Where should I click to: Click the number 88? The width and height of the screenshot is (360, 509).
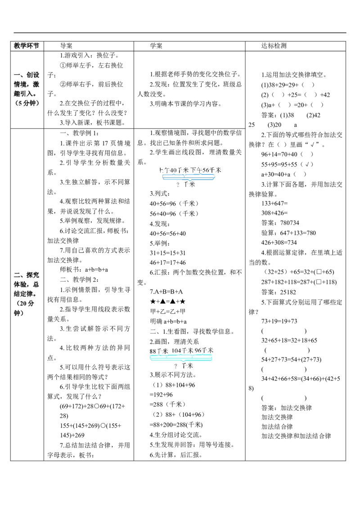pyautogui.click(x=153, y=351)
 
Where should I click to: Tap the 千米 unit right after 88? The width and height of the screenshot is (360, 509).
pyautogui.click(x=162, y=351)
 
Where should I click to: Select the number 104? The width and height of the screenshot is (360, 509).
pyautogui.click(x=176, y=350)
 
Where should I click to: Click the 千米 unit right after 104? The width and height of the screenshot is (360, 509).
pyautogui.click(x=188, y=350)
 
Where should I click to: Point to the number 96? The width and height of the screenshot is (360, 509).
pyautogui.click(x=198, y=350)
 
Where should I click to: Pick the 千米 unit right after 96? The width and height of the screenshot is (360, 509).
pyautogui.click(x=207, y=350)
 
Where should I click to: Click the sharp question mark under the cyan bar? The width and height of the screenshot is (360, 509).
pyautogui.click(x=175, y=366)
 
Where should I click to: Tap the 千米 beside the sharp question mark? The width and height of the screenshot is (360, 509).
pyautogui.click(x=187, y=366)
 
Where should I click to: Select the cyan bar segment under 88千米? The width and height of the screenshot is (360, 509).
pyautogui.click(x=158, y=357)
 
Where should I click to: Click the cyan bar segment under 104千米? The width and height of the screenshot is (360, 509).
pyautogui.click(x=182, y=357)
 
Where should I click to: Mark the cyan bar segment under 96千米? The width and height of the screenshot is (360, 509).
pyautogui.click(x=203, y=357)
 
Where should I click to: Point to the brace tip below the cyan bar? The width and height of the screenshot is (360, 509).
pyautogui.click(x=181, y=362)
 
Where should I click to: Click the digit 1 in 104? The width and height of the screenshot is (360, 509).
pyautogui.click(x=173, y=350)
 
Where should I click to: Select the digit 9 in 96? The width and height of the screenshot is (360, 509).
pyautogui.click(x=197, y=350)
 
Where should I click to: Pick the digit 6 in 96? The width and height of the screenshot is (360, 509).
pyautogui.click(x=200, y=350)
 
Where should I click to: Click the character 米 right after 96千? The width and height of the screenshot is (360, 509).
pyautogui.click(x=210, y=350)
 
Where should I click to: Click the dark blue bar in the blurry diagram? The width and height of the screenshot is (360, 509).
pyautogui.click(x=189, y=177)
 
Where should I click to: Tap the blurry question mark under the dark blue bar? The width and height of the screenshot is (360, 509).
pyautogui.click(x=178, y=184)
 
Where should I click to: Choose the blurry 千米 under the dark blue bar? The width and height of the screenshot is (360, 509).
pyautogui.click(x=190, y=184)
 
